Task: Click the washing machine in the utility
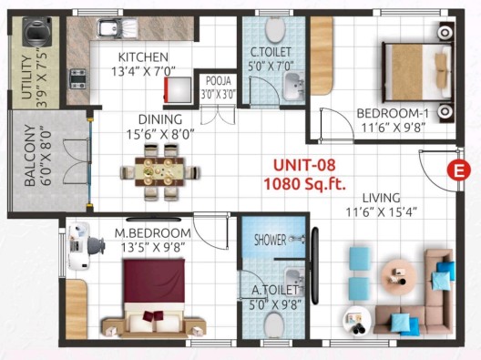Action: coord(37,32)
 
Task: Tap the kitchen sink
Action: coord(117,29)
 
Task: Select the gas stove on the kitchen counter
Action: coord(77,79)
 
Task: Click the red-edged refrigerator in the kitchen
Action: coord(178,89)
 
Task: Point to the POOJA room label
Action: coord(218,81)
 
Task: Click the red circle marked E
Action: coord(458,170)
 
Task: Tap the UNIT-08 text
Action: coord(304,165)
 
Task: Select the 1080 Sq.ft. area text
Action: coord(304,184)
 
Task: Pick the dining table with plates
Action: coord(159,171)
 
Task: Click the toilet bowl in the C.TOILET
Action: coord(275,29)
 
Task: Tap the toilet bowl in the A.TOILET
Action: coord(274,325)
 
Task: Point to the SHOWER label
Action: coord(270,240)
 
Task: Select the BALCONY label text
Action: coord(30,156)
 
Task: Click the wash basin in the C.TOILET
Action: coord(293,87)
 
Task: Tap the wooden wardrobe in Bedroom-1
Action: coord(322,56)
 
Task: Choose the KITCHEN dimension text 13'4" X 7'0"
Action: coord(143,71)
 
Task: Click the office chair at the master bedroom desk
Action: coord(97,246)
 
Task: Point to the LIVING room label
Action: coord(382,198)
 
